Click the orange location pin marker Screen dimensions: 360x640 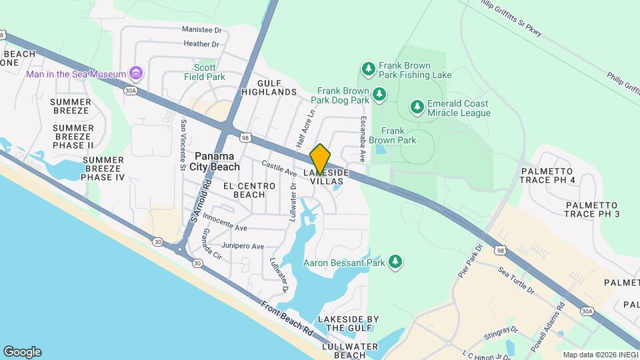coord(320,159)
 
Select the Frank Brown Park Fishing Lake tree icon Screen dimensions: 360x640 coord(368,69)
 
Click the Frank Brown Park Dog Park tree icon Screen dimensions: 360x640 coord(380,95)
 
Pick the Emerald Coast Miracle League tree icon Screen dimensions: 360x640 coord(417,107)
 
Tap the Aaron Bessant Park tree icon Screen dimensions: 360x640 coord(395,263)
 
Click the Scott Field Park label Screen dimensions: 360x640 coord(205,72)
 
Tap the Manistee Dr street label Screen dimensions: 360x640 coord(201,30)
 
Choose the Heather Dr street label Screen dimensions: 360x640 coord(201,44)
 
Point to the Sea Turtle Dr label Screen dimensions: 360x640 coord(516,280)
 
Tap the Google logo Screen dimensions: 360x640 coord(22,351)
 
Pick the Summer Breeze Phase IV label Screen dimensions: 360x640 coord(103,169)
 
